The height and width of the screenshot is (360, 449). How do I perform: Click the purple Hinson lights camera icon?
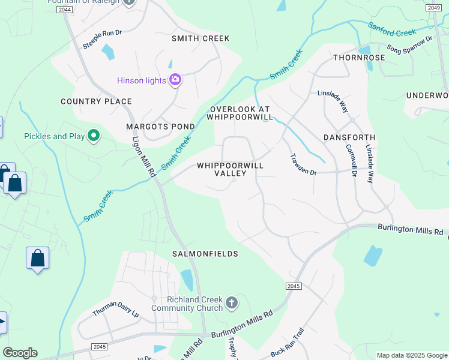[x=175, y=80]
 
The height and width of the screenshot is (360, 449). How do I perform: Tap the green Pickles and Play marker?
[x=93, y=136]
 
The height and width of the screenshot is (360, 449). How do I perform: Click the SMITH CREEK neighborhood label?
[x=200, y=38]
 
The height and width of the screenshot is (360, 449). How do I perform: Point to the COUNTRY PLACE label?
[x=88, y=101]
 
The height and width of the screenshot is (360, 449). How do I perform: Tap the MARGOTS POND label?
[x=160, y=127]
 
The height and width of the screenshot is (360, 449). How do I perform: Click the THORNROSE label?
[x=359, y=58]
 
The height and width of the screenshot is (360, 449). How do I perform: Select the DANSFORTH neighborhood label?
[x=349, y=137]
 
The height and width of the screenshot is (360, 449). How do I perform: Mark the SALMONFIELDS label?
[x=205, y=254]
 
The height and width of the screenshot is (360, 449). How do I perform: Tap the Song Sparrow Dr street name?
[x=409, y=45]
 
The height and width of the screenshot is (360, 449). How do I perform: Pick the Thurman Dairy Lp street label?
[x=115, y=309]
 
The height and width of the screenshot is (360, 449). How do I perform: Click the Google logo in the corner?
[x=20, y=353]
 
